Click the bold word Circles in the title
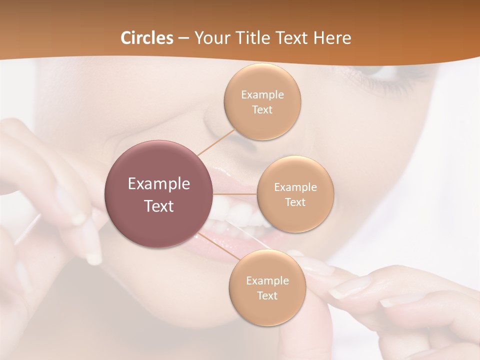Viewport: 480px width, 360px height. click(x=146, y=38)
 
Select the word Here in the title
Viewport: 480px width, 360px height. click(x=332, y=38)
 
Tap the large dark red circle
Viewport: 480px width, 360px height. click(x=158, y=194)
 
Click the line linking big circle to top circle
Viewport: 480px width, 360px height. click(x=216, y=142)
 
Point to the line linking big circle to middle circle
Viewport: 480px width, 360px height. click(x=235, y=194)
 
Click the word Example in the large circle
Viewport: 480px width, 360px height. click(x=158, y=184)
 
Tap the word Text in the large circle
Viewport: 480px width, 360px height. click(x=158, y=206)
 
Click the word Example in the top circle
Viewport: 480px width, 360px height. click(x=262, y=95)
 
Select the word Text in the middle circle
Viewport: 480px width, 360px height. click(x=295, y=202)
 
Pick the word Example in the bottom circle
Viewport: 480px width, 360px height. click(x=267, y=281)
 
